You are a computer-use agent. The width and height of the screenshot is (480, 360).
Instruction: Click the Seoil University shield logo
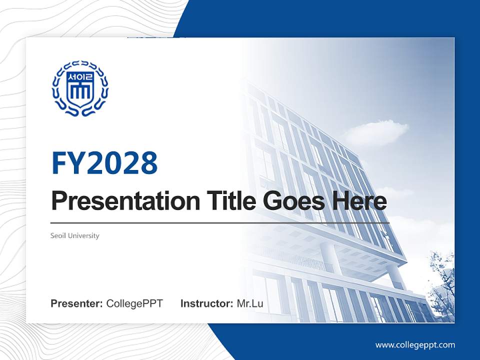80,88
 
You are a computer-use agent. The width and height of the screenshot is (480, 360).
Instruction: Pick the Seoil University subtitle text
75,235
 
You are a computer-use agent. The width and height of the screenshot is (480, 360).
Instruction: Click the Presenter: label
77,303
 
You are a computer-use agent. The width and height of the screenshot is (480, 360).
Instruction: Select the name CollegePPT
134,303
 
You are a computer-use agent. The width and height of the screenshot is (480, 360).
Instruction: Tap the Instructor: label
206,303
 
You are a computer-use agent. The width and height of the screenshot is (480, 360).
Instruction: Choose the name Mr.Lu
250,303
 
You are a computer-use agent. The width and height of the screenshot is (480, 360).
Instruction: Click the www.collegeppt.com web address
415,344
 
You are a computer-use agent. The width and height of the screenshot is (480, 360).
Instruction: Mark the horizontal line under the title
220,222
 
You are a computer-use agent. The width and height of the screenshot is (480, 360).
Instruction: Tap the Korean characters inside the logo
80,77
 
